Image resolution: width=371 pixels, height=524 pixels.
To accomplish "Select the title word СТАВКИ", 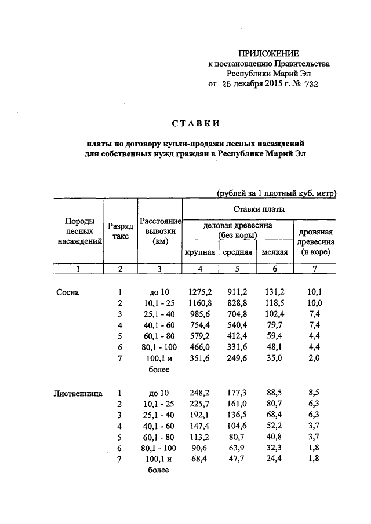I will coord(195,123).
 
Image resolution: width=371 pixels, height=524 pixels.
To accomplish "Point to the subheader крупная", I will coord(200,252).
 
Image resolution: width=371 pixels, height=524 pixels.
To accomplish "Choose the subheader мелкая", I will coord(275,252).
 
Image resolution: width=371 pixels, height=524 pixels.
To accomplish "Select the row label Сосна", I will coord(67,292).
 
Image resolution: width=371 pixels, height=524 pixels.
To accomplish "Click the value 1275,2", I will coord(201,292).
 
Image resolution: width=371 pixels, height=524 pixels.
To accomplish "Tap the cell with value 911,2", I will coord(238,292).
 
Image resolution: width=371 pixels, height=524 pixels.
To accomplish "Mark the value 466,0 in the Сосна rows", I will coord(201,348).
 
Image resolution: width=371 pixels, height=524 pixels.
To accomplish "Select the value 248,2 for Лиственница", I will coord(200,394).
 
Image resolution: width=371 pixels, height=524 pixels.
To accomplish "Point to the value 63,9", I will coord(238,448).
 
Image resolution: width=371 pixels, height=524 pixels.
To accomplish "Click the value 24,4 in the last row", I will coord(275,459).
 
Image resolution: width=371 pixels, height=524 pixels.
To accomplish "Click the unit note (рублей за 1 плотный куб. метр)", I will coord(276,192).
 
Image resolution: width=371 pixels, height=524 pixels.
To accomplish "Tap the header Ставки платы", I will coord(259,208).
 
